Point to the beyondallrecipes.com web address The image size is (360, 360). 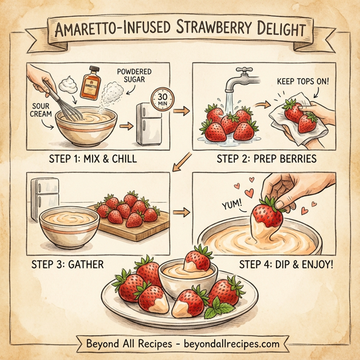228,344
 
